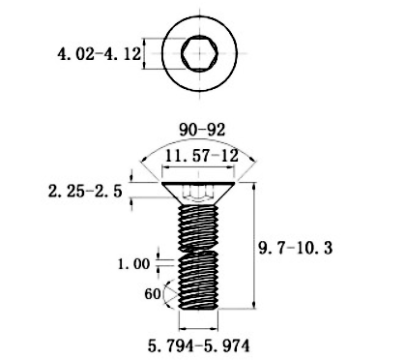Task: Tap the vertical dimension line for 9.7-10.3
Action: pyautogui.click(x=253, y=247)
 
